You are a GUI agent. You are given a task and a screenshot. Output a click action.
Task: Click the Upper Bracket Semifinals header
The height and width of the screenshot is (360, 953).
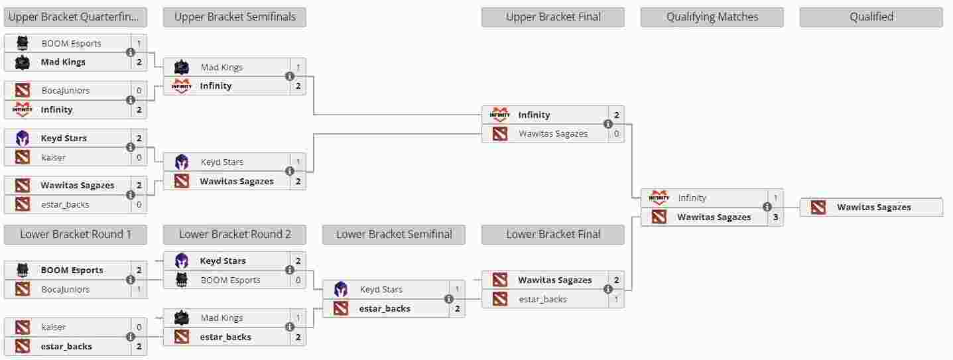234,17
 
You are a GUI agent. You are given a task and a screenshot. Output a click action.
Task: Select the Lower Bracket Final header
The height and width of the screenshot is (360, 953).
552,235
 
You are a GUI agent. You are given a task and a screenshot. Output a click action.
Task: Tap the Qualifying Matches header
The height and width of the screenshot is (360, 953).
712,17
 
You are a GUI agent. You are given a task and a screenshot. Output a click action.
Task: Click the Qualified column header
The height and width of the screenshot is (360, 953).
871,17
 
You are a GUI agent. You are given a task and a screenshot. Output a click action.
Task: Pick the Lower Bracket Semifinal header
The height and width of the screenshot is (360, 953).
393,235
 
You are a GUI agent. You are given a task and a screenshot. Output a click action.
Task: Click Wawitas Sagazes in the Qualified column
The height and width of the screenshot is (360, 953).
874,208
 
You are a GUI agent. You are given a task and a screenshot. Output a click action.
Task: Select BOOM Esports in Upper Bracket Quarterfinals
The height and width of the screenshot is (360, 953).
71,43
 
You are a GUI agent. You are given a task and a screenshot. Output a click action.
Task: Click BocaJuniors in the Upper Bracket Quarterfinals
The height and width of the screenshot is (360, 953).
66,91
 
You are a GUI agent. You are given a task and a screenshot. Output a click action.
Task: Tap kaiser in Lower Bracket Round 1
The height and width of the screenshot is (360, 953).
53,328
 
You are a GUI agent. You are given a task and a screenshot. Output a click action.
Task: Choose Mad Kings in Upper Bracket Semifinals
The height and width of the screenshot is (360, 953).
222,67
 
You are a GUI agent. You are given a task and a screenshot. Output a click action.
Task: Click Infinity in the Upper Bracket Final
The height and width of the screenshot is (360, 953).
534,115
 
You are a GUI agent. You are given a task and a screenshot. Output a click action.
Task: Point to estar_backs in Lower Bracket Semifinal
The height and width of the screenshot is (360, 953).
385,308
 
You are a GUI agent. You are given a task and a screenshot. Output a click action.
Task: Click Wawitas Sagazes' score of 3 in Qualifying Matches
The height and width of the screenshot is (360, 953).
775,217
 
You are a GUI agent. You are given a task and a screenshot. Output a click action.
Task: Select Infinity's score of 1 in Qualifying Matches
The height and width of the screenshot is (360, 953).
775,198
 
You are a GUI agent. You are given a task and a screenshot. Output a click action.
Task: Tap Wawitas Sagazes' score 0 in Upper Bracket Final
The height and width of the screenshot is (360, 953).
617,134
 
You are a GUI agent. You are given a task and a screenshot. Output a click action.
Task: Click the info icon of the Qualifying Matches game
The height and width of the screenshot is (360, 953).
767,207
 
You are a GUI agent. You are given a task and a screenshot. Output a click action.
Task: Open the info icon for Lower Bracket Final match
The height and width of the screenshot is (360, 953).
608,289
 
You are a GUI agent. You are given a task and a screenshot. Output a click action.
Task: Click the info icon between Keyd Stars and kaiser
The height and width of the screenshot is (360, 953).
131,147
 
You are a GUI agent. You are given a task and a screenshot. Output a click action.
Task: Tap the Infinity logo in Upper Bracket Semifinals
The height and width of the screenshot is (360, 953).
182,86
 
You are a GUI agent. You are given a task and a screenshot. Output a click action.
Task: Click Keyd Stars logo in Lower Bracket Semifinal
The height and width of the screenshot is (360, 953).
340,289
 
